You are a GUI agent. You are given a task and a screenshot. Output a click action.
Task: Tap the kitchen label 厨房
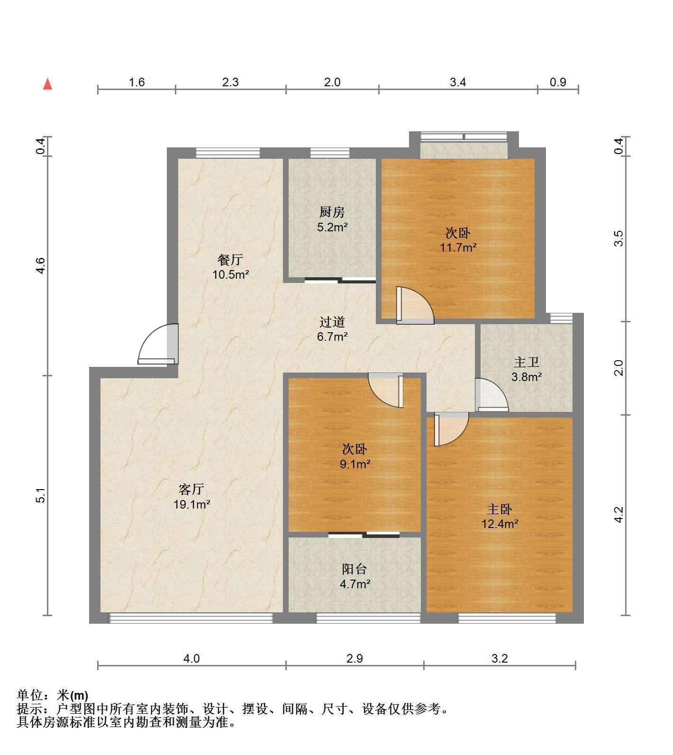coord(332,212)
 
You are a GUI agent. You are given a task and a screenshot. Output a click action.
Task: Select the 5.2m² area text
coord(332,227)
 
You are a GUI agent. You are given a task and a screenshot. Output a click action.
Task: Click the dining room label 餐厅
coord(230,259)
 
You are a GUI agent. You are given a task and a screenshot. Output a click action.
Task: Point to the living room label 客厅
coord(191,489)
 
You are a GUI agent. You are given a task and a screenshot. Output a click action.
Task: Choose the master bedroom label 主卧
coord(500,509)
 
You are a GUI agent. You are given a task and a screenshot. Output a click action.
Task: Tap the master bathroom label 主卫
coord(527,363)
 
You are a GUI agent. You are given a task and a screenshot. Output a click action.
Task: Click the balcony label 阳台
coord(355,569)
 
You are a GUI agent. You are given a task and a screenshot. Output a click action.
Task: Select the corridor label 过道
coord(332,322)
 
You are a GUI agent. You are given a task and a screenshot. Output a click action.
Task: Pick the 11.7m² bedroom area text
coord(458,247)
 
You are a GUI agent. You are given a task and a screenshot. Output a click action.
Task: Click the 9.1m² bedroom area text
coord(355,464)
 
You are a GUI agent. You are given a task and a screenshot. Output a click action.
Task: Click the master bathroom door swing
coord(492,394)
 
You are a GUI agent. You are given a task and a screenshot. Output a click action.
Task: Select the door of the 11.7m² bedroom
coord(415,305)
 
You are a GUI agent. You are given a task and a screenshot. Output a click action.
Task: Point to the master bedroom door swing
coord(451,429)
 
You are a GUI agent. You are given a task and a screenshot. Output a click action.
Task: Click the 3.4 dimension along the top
coord(458,82)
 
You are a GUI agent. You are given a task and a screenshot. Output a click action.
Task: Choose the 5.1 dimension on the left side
coord(42,495)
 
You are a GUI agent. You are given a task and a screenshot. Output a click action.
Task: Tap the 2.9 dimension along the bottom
coord(355,658)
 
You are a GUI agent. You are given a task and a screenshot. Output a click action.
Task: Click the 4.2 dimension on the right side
coord(619,515)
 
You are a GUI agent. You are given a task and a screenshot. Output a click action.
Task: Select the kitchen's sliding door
coord(340,280)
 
